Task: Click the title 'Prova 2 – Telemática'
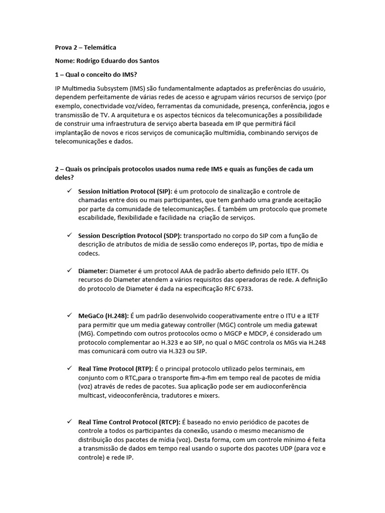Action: (85, 48)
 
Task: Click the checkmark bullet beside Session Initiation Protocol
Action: (69, 191)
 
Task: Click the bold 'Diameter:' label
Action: (93, 271)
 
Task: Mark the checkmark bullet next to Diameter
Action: (69, 271)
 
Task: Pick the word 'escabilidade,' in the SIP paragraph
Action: (97, 218)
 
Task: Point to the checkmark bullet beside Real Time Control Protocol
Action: (69, 422)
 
